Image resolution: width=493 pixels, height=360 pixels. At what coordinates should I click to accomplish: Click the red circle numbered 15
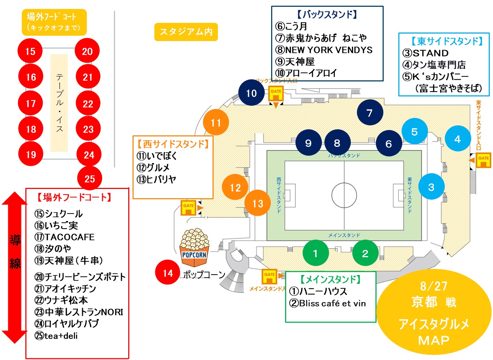click(x=30, y=51)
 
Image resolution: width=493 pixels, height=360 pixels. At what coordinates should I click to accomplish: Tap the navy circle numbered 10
click(x=252, y=93)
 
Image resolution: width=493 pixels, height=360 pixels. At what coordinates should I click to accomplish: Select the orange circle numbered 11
click(x=216, y=122)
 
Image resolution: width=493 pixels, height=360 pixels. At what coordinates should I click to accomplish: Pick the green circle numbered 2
click(x=365, y=253)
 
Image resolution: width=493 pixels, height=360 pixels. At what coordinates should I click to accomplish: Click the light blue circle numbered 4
click(x=458, y=139)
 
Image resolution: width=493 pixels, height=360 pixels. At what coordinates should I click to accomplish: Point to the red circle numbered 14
click(x=168, y=273)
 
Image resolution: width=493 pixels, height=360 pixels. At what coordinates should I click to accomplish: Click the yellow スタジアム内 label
click(x=186, y=32)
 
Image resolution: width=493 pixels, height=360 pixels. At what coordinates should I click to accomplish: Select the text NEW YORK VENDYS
click(x=328, y=50)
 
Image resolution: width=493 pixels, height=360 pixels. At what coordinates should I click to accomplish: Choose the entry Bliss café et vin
click(x=332, y=303)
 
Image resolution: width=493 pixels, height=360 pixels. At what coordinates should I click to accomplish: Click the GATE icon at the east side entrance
click(x=483, y=160)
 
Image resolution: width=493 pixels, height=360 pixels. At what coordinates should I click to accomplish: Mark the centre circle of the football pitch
click(x=344, y=195)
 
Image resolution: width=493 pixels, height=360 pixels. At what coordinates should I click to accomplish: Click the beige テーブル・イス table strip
click(x=59, y=103)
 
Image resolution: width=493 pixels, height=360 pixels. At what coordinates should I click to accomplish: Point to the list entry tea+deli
click(x=60, y=336)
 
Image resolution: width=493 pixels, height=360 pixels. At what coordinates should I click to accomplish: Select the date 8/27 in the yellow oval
click(x=433, y=286)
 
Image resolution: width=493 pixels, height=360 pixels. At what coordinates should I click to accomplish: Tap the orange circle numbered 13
click(x=258, y=204)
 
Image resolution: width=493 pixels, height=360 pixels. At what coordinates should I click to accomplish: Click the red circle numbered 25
click(x=90, y=179)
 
